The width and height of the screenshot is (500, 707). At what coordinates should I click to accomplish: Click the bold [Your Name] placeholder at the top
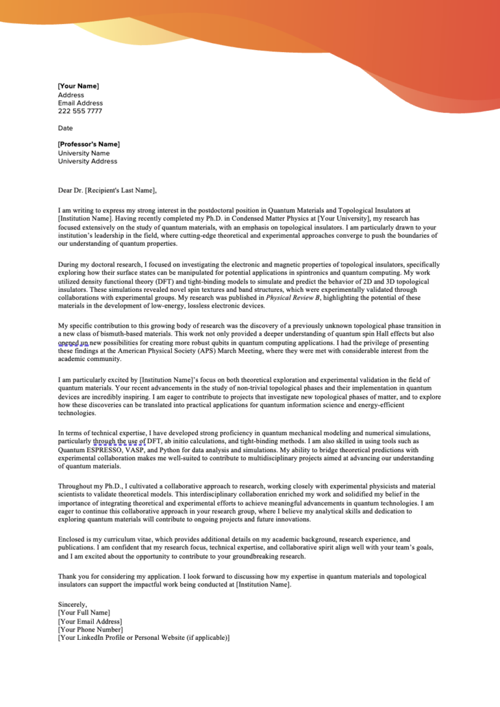point(78,86)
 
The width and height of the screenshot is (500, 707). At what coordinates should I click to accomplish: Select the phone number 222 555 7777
point(79,111)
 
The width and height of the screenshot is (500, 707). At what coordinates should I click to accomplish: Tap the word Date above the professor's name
point(65,128)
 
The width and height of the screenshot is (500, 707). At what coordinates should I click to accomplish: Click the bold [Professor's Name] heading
point(89,144)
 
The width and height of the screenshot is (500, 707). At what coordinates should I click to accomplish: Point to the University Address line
point(87,161)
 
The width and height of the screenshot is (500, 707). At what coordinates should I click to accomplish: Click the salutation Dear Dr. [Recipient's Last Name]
point(107,190)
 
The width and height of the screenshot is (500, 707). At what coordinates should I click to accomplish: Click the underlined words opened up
point(72,342)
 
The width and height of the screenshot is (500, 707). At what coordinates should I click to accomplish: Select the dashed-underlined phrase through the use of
point(119,441)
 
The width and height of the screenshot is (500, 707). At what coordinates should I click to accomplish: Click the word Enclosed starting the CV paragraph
point(72,540)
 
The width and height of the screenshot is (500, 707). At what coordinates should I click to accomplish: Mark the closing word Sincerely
point(72,604)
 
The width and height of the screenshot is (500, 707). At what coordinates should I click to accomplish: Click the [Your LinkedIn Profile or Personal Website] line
point(144,638)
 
